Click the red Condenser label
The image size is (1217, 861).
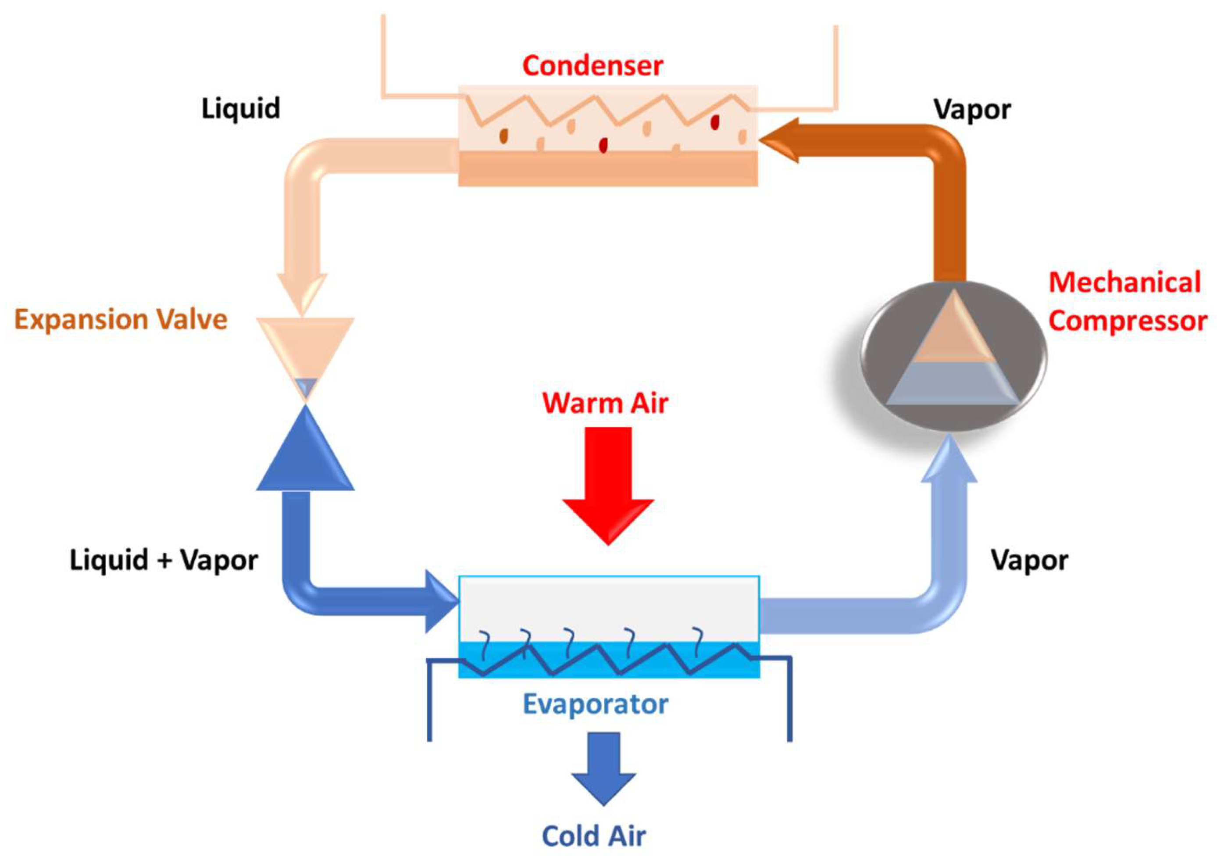tap(592, 66)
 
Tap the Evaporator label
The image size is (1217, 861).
tap(595, 704)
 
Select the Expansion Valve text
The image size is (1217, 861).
tap(121, 320)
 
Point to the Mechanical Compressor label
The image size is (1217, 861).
tap(1128, 301)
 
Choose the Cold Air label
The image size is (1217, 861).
tap(594, 836)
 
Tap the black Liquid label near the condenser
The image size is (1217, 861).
tap(241, 109)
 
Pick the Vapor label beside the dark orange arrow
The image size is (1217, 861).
tap(973, 110)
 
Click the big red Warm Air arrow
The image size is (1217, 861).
tap(608, 486)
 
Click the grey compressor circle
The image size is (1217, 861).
tap(953, 356)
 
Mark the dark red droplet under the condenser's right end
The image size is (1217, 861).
tap(715, 122)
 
